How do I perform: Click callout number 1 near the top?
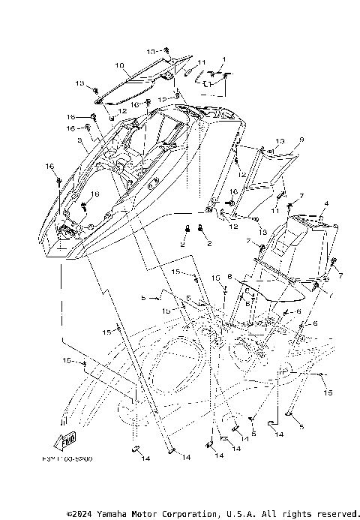click(x=223, y=58)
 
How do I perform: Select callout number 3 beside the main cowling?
click(x=79, y=141)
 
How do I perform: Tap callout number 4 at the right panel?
click(x=326, y=203)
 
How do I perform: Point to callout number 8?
click(x=230, y=276)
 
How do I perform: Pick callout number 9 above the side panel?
click(x=280, y=140)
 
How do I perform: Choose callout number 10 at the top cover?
click(x=118, y=65)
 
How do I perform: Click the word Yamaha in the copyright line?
click(x=110, y=513)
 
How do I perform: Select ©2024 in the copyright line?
click(x=79, y=513)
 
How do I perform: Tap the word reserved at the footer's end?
click(x=333, y=513)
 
